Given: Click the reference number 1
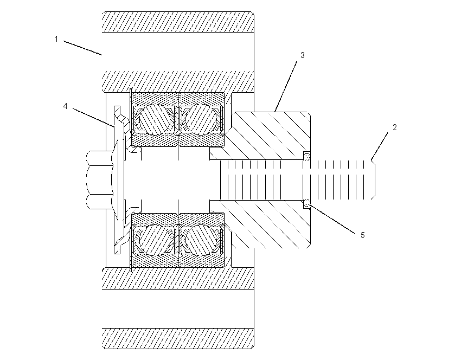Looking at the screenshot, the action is click(x=56, y=39).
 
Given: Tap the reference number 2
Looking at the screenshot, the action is click(x=394, y=127).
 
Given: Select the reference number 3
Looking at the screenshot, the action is click(x=302, y=55).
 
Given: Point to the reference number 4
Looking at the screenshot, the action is click(x=65, y=106).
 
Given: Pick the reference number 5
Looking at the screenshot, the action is click(x=362, y=235).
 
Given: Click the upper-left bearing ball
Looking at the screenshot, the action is click(x=154, y=120).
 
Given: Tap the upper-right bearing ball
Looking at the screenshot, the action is click(x=201, y=120).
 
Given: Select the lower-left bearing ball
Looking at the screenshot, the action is click(x=154, y=240).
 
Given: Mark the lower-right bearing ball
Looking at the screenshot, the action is click(x=201, y=240).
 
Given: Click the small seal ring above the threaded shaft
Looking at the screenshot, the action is click(x=306, y=156).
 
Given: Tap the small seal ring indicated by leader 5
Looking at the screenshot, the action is click(x=306, y=203).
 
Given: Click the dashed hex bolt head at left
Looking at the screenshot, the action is click(x=100, y=180).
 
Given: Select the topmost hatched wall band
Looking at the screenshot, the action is click(x=178, y=22).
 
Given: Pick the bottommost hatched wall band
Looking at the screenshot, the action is click(x=178, y=338).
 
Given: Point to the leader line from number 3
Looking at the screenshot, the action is click(x=286, y=86).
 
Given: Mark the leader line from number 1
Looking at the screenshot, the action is click(x=82, y=48).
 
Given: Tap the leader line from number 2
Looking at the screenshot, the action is click(x=379, y=146).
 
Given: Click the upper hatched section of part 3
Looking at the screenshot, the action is click(x=265, y=136).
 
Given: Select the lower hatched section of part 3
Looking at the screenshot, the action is click(x=265, y=224).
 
